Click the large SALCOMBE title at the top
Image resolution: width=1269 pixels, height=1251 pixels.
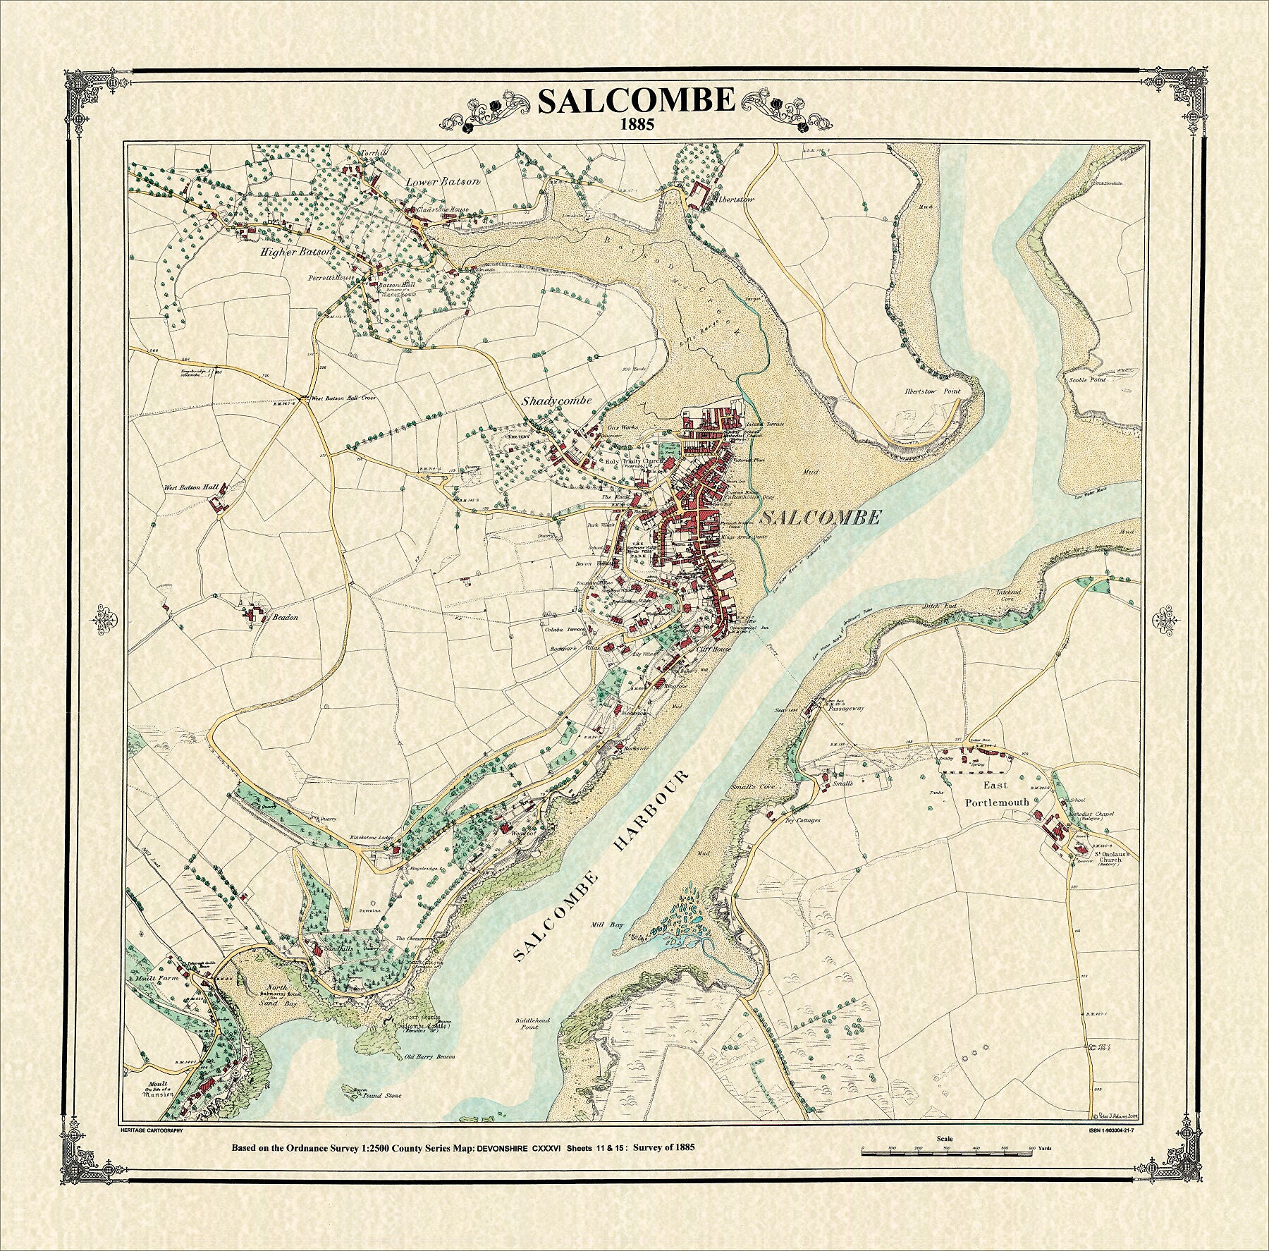coord(636,101)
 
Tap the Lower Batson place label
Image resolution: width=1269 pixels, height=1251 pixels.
coord(443,181)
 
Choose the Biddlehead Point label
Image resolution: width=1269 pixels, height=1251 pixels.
coord(529,1023)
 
